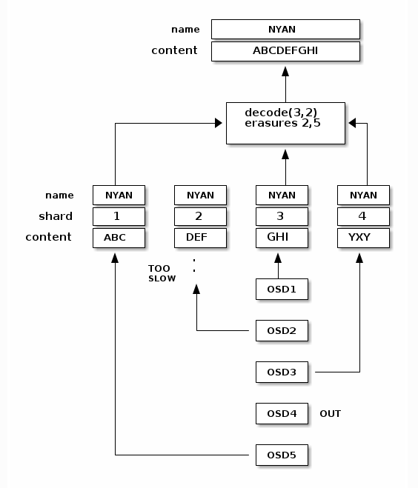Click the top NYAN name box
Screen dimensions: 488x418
pyautogui.click(x=285, y=29)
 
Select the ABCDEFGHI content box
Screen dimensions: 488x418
pyautogui.click(x=285, y=51)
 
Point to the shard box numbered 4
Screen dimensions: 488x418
pyautogui.click(x=363, y=216)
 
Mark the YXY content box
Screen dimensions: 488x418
pyautogui.click(x=363, y=238)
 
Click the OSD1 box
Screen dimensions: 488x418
pyautogui.click(x=282, y=289)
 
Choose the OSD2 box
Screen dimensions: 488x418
pyautogui.click(x=282, y=330)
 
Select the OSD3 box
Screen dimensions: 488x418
pyautogui.click(x=282, y=372)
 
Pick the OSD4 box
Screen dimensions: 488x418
pyautogui.click(x=282, y=413)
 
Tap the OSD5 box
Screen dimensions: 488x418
pyautogui.click(x=282, y=455)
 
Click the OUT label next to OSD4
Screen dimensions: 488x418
pyautogui.click(x=331, y=413)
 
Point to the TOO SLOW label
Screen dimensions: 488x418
pyautogui.click(x=162, y=273)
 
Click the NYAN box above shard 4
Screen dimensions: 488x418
pyautogui.click(x=363, y=195)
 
